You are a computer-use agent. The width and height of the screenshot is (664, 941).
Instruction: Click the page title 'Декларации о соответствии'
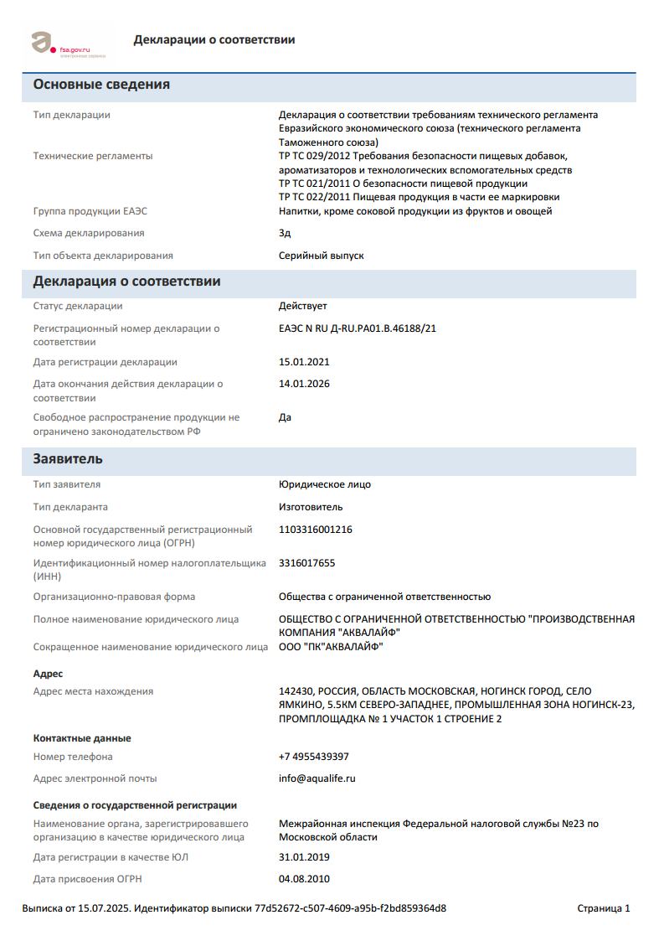coord(214,39)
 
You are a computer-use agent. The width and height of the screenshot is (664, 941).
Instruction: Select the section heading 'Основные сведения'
coord(101,85)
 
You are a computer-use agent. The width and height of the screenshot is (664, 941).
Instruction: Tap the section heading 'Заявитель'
coord(68,459)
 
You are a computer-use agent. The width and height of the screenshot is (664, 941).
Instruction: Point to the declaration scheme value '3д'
coord(285,233)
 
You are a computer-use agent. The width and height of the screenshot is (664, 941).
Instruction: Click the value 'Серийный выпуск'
coord(321,256)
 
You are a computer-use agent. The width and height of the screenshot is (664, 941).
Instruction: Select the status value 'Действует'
coord(303,306)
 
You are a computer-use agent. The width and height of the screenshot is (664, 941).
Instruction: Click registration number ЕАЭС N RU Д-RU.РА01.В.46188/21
coord(358,328)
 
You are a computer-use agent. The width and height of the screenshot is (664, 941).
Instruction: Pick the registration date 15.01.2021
coord(304,362)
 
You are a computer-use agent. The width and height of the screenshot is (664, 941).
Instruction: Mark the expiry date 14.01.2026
coord(304,384)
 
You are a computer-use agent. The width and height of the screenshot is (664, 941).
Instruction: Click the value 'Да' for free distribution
coord(285,417)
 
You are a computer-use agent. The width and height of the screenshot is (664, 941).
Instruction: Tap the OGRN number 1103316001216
coord(316,530)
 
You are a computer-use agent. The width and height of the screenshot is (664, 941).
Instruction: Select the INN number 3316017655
coord(306,563)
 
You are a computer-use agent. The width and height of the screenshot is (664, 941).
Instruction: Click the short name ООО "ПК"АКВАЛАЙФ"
coord(331,647)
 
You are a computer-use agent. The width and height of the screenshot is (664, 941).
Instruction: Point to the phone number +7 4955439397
coord(314,757)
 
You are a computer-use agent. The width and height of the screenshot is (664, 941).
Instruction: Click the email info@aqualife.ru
coord(317,778)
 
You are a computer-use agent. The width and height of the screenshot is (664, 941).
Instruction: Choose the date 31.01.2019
coord(304,857)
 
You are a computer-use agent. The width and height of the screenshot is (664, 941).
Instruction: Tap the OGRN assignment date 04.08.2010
coord(304,879)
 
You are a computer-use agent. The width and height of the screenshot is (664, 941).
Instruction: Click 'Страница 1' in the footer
coord(604,908)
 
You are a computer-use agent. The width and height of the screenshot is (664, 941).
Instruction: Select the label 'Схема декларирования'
coord(89,233)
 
